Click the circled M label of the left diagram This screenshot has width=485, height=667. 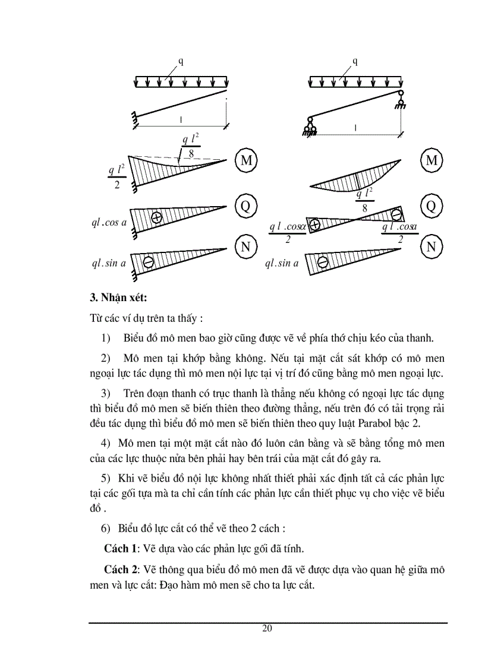pyautogui.click(x=245, y=160)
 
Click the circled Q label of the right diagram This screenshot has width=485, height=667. pyautogui.click(x=431, y=206)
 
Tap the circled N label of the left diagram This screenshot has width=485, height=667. pyautogui.click(x=245, y=246)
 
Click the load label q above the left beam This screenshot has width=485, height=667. pyautogui.click(x=181, y=61)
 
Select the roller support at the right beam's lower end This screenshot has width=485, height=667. pyautogui.click(x=310, y=128)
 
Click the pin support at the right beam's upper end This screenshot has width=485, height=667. pyautogui.click(x=401, y=99)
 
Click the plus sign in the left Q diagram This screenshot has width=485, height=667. pyautogui.click(x=157, y=217)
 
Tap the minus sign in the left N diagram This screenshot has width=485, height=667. pyautogui.click(x=149, y=261)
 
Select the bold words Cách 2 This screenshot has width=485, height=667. pyautogui.click(x=121, y=569)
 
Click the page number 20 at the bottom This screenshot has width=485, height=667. pyautogui.click(x=267, y=629)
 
